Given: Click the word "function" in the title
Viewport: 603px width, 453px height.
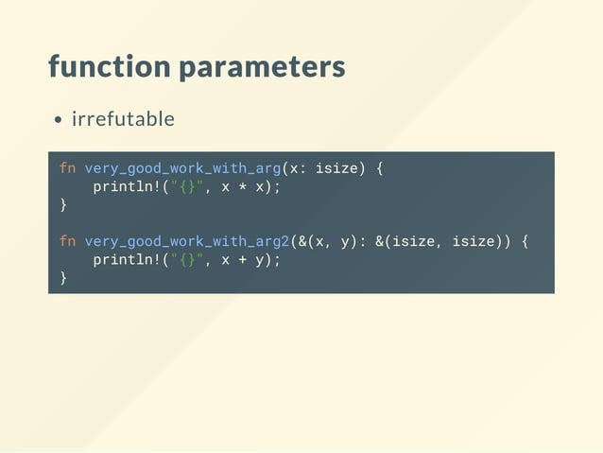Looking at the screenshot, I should pos(109,68).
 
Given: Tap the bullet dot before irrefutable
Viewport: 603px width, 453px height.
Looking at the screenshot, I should pos(59,120).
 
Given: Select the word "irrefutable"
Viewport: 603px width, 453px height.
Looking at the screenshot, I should pos(123,119).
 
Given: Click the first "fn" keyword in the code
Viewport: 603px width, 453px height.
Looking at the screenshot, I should pos(67,168).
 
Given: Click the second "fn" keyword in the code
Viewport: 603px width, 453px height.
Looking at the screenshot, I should pos(67,241).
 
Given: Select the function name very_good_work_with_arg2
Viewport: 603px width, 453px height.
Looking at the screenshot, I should pos(187,241).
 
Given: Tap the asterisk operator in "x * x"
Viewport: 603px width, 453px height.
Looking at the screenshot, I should pos(241,186).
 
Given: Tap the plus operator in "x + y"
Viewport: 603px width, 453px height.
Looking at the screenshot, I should pos(241,259).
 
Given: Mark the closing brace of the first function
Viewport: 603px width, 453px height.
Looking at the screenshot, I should pos(63,204).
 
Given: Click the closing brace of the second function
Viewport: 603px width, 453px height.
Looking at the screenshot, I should pos(63,277).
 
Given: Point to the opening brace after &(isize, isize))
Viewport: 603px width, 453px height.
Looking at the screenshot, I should pos(525,241).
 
